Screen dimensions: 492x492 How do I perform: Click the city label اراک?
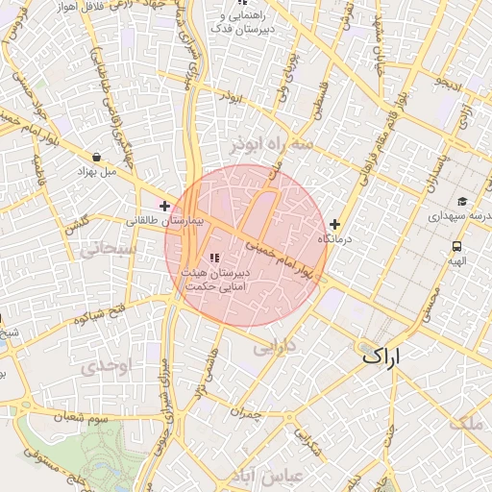point(393,355)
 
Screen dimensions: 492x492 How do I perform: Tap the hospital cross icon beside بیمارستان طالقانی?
point(165,205)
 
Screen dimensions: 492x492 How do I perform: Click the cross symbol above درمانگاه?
point(334,224)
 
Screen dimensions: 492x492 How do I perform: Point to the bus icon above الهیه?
point(455,245)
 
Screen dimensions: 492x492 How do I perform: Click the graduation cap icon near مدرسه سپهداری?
point(462,202)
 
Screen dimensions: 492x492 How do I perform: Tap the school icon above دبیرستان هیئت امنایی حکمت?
point(214,258)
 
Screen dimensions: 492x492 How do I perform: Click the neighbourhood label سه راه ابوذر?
point(272,144)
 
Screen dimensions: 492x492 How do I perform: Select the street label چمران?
point(246,410)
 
